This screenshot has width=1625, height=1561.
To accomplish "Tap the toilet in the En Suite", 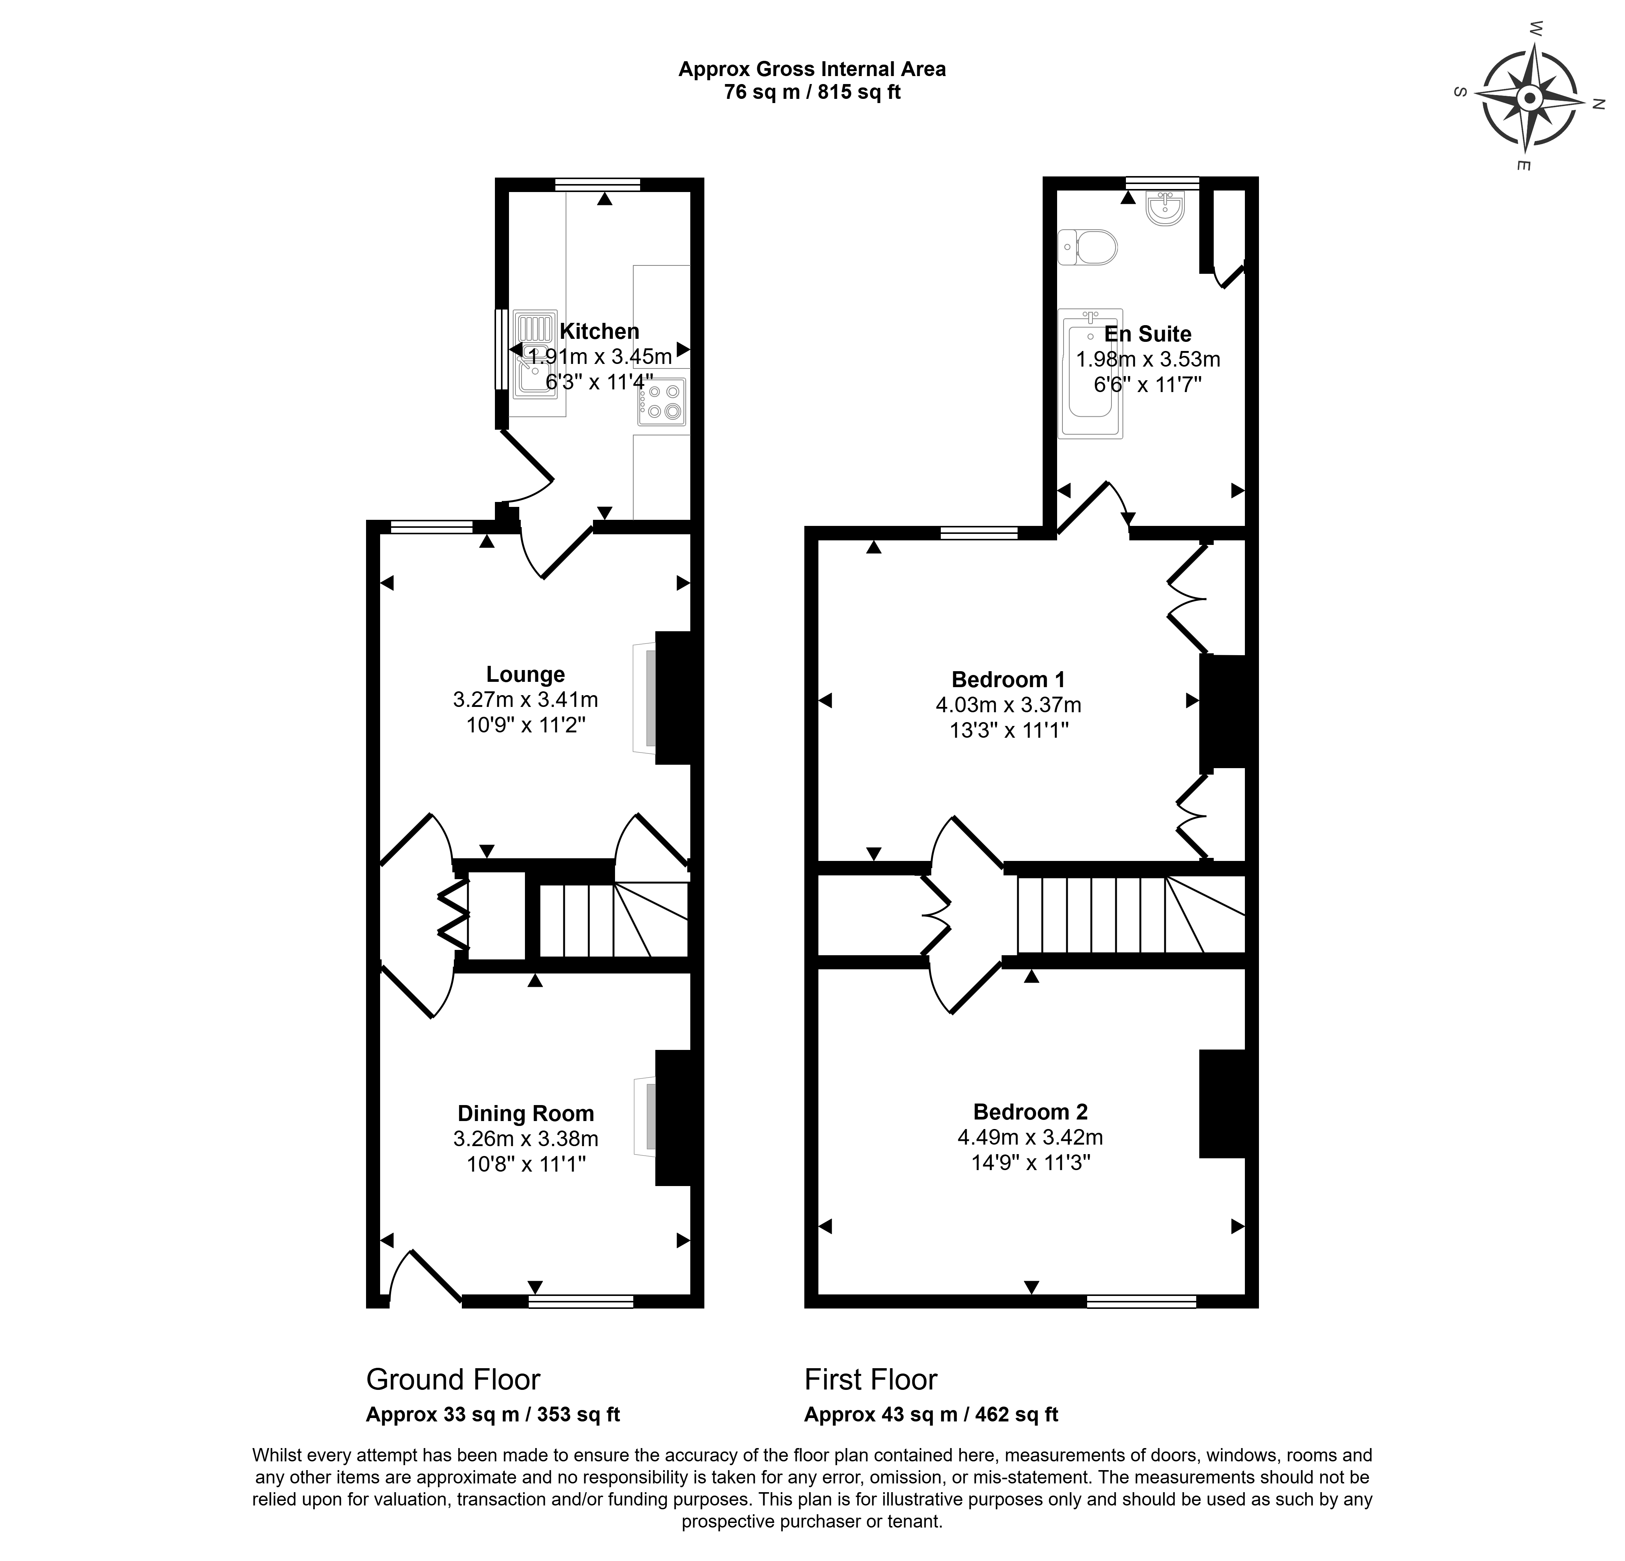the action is point(1088,247).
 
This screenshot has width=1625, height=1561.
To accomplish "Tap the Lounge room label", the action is point(526,674).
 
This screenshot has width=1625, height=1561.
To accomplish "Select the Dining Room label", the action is point(526,1113).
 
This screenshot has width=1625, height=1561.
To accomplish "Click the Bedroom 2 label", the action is point(1030,1112).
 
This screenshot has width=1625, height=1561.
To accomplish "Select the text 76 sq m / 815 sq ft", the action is point(813,92).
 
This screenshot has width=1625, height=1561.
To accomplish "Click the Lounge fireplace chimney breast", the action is point(673,697).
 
